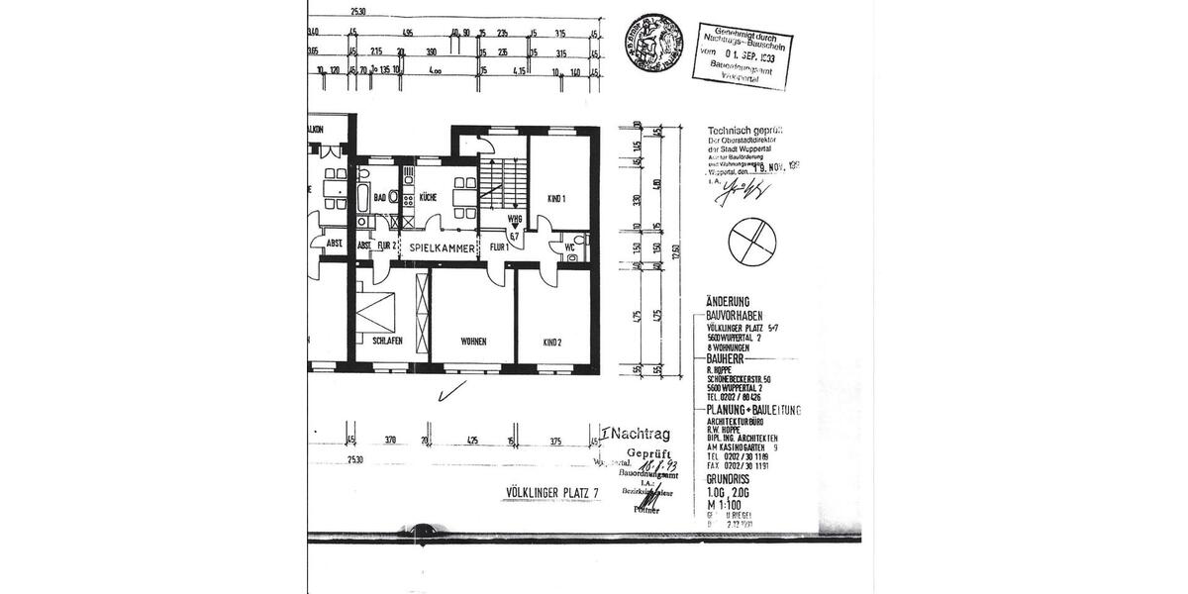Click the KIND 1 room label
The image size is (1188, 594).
coord(555,199)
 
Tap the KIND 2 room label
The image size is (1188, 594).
coord(551,343)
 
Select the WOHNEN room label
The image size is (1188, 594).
coord(472,342)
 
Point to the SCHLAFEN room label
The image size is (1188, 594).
coord(387,341)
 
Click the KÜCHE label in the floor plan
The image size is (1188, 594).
coord(428,198)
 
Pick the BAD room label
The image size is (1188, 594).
coord(379,197)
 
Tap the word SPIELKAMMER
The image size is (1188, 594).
coord(439,247)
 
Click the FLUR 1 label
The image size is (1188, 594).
coord(499,247)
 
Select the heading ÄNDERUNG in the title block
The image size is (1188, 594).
coord(728,301)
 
